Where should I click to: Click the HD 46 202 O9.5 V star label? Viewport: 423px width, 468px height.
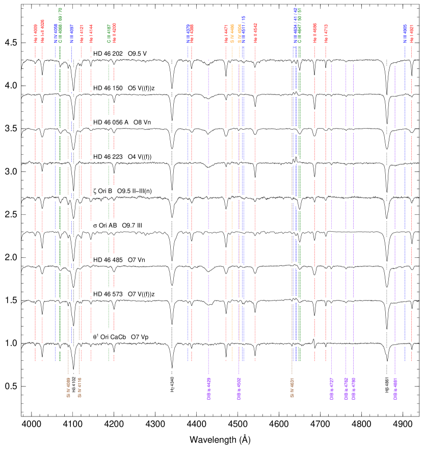(x=120, y=54)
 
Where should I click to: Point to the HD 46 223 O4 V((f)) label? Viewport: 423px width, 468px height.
(x=124, y=157)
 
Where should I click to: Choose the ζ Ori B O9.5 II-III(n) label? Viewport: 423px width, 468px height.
(x=126, y=191)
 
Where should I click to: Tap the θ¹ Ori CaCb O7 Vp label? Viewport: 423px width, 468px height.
(x=121, y=337)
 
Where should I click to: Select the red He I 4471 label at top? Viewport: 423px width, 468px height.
(x=226, y=34)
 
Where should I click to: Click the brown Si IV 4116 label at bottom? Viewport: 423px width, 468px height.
(x=80, y=387)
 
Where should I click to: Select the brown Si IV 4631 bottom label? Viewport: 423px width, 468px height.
(x=292, y=387)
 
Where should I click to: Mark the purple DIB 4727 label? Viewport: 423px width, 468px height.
(x=331, y=388)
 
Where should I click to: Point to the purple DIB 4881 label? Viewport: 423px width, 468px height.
(x=395, y=388)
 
